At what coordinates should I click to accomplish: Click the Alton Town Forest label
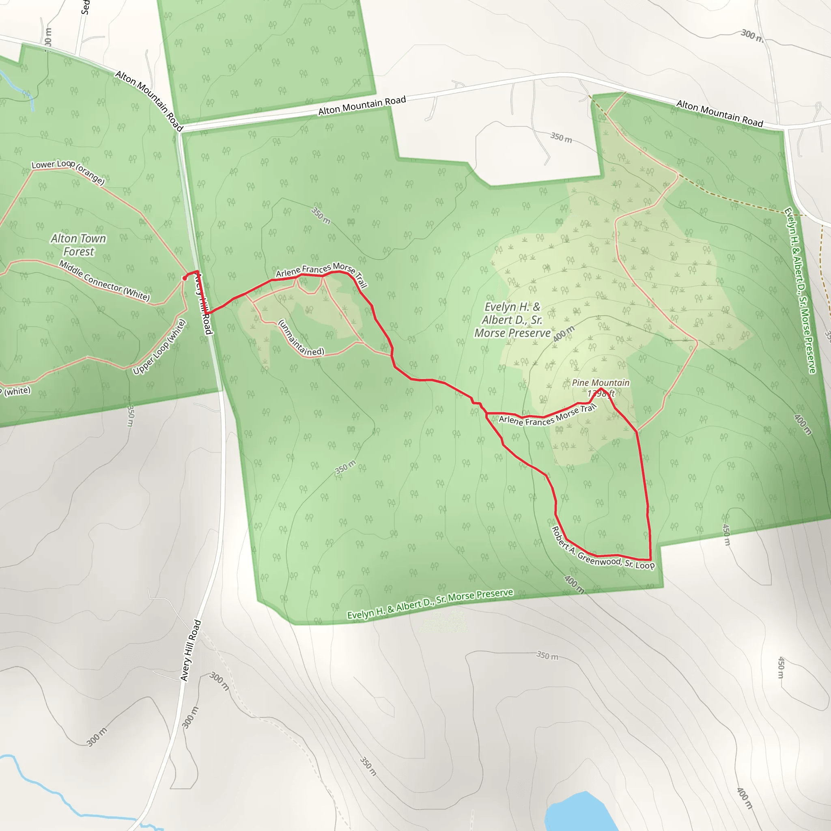[x=78, y=245]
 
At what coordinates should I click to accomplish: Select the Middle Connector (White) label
[x=105, y=281]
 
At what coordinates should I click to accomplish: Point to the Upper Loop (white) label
[x=159, y=347]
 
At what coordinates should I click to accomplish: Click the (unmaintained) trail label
[x=301, y=338]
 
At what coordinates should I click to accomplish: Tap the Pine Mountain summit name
[x=601, y=382]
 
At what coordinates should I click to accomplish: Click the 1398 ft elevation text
[x=601, y=394]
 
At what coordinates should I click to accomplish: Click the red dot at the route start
[x=185, y=278]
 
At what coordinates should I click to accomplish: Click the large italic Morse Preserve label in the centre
[x=512, y=320]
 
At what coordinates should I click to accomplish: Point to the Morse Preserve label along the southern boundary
[x=430, y=604]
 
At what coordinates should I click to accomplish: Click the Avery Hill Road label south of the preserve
[x=191, y=650]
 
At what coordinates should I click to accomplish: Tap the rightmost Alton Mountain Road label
[x=719, y=113]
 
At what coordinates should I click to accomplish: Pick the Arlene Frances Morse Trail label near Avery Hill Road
[x=321, y=271]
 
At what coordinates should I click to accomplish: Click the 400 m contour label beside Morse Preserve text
[x=564, y=334]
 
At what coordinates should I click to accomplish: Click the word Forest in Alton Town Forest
[x=79, y=252]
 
